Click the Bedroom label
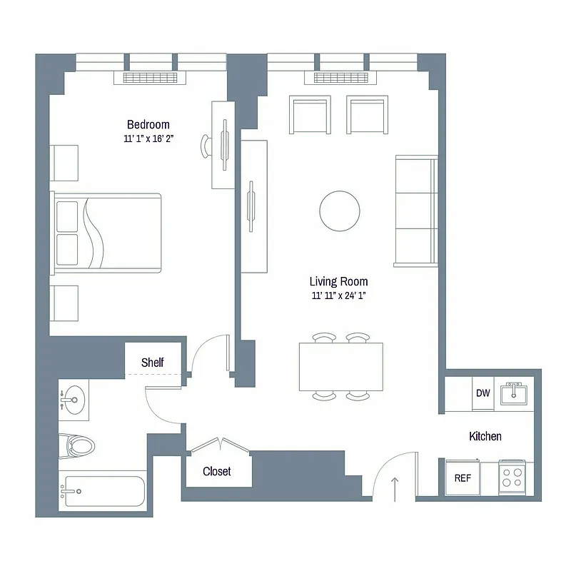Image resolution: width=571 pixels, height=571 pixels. coord(148,124)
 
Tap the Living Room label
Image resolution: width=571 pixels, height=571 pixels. coord(339,281)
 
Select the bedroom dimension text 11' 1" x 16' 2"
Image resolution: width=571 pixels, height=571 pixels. coord(148,139)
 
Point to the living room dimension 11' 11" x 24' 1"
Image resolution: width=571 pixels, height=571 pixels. coord(339,295)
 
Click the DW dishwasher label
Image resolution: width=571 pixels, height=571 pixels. coord(482,393)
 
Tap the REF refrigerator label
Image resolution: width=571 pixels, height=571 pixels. coord(463,478)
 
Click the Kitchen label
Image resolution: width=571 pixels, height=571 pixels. coord(485,436)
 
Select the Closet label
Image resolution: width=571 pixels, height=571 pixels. coord(217,472)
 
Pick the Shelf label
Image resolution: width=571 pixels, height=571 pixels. coord(153,363)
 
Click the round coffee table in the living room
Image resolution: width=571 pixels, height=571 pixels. coord(340,210)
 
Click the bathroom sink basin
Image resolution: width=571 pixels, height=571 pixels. coord(74,400)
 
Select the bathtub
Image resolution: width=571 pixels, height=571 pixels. coord(104,491)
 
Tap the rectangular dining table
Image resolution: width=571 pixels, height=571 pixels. coord(341,367)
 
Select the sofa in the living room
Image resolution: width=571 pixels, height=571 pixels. coord(416,211)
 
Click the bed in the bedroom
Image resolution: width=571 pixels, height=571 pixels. coord(107,233)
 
